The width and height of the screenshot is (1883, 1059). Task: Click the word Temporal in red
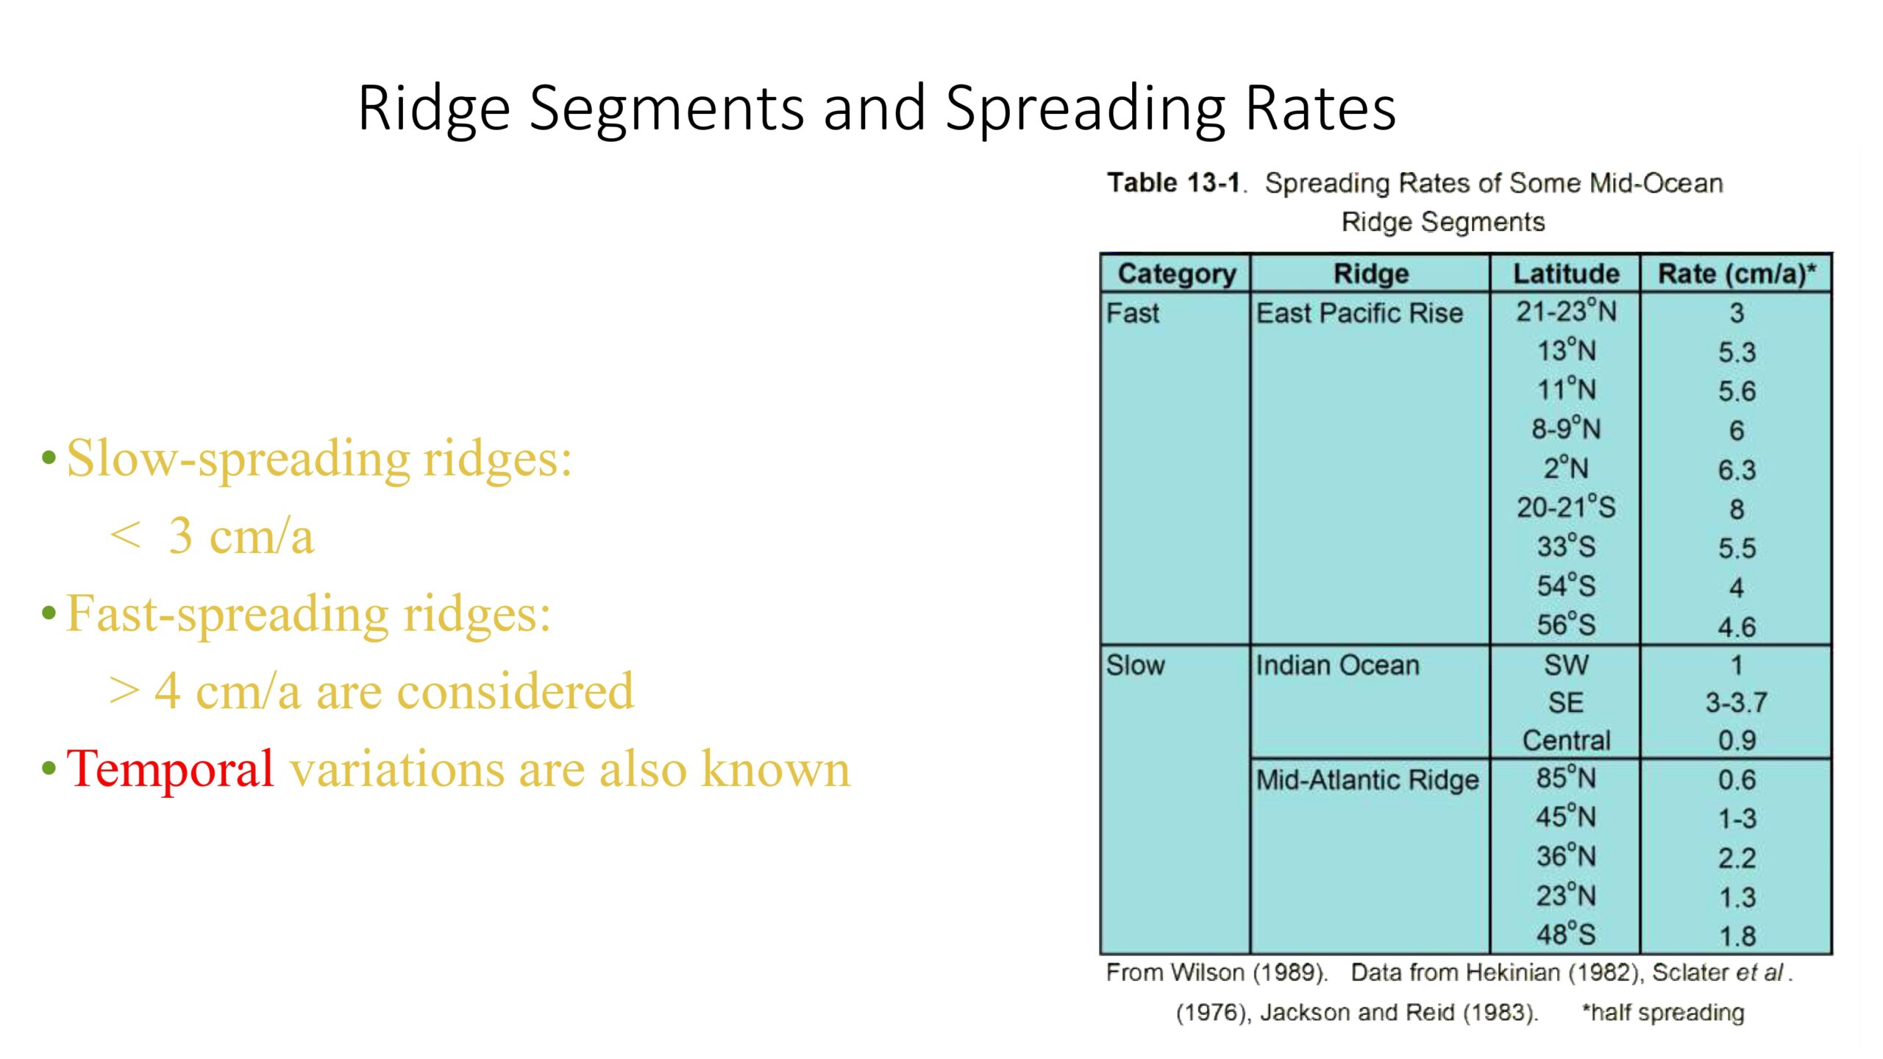[x=170, y=769]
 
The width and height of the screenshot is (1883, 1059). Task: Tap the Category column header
[x=1177, y=274]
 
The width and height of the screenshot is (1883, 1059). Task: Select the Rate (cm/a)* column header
[x=1737, y=274]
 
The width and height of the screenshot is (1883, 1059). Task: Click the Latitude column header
[x=1566, y=274]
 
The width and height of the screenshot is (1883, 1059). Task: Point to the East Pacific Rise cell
[x=1359, y=313]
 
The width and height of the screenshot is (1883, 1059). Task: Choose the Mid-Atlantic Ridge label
[x=1367, y=779]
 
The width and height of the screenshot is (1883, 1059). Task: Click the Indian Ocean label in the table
[x=1337, y=665]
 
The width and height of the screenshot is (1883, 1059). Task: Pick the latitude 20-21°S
[x=1566, y=507]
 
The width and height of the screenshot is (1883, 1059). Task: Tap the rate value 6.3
[x=1737, y=470]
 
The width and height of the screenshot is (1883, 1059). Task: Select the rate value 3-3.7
[x=1736, y=702]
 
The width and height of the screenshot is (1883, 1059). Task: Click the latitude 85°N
[x=1566, y=777]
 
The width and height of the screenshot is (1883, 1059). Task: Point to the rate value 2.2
[x=1737, y=858]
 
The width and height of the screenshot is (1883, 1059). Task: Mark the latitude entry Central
[x=1566, y=740]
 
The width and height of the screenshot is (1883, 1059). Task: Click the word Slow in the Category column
[x=1136, y=665]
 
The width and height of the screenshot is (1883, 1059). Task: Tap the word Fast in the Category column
[x=1133, y=313]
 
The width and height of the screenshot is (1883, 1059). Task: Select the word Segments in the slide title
[x=666, y=109]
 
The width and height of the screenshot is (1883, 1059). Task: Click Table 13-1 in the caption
[x=1173, y=182]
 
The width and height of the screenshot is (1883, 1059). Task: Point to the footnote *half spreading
[x=1663, y=1013]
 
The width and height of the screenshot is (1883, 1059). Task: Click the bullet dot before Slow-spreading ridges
[x=49, y=458]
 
